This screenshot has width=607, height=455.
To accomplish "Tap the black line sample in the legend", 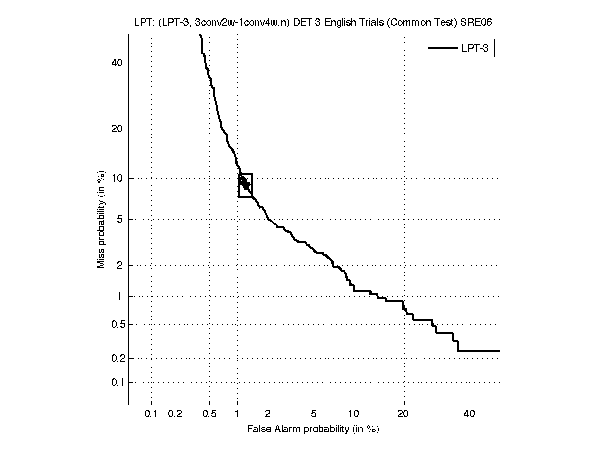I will (x=442, y=49).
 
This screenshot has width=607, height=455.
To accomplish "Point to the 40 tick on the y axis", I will (x=117, y=63).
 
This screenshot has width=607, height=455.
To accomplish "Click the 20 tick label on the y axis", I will (x=117, y=129).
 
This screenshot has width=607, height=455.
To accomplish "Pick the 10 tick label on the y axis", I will (x=117, y=178).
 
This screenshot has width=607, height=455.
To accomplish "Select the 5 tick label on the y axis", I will (x=120, y=219).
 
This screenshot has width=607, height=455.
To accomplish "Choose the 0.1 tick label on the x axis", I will (x=151, y=414).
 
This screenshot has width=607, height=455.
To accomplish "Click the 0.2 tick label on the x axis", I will (x=175, y=414).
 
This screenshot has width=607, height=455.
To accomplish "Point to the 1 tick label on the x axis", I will (x=237, y=414).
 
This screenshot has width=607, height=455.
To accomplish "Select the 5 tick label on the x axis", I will (x=314, y=414).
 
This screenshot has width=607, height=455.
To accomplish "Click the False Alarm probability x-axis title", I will (x=313, y=430).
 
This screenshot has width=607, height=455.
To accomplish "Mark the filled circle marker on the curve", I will (x=243, y=181).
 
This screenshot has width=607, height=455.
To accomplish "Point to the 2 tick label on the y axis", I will (x=120, y=265).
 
